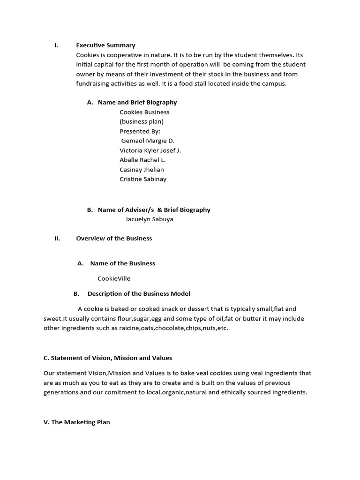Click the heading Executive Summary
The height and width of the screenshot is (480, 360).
point(105,45)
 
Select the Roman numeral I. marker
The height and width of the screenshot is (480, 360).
point(56,45)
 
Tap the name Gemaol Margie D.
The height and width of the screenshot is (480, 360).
point(148,141)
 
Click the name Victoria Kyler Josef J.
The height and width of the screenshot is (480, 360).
point(150,150)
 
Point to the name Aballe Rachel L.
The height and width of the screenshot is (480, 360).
point(142,160)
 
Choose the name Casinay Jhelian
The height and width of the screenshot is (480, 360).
point(142,170)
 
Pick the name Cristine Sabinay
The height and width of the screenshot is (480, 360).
point(143,179)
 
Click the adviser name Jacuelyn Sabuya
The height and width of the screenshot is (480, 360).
point(149,219)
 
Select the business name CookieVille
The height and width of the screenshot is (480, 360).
point(114,278)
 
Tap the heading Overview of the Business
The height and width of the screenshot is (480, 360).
point(114,238)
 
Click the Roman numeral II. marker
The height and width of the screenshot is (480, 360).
point(57,238)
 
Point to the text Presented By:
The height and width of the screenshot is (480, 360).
point(140,131)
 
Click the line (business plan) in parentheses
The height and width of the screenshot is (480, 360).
point(142,121)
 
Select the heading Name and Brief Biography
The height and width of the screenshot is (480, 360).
point(137,102)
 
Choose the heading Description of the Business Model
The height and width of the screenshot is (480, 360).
point(139,294)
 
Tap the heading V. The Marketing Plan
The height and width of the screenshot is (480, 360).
point(77,422)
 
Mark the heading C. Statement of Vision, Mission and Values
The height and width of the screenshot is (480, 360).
point(108,358)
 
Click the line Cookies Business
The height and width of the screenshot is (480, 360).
point(144,112)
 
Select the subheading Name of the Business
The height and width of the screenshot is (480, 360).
point(122,263)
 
